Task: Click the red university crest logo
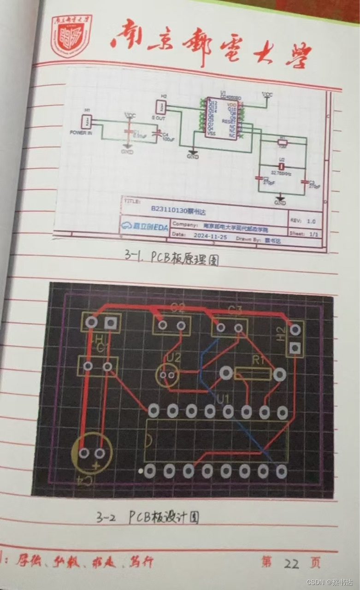[71, 35]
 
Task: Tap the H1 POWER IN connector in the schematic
[86, 122]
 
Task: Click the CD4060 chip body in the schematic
[220, 118]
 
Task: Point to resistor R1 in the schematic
[283, 143]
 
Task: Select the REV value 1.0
[311, 221]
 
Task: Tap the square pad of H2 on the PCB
[295, 348]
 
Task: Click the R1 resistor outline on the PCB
[253, 373]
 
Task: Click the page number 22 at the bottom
[291, 563]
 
